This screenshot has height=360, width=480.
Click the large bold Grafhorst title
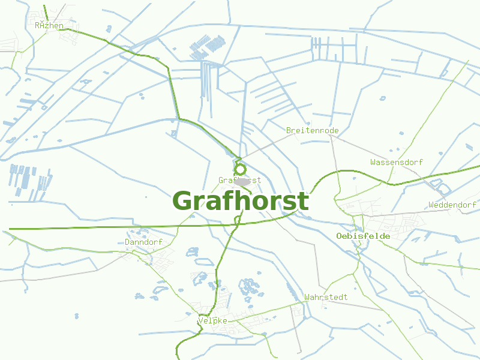(241, 201)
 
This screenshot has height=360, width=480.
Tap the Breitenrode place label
(313, 130)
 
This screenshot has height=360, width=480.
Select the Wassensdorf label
(397, 162)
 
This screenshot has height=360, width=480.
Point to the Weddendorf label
(452, 205)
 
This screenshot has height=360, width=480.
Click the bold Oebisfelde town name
(364, 236)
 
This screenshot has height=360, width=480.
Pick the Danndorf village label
(144, 242)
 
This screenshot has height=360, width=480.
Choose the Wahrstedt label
(326, 297)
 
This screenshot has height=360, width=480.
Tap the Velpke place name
(212, 321)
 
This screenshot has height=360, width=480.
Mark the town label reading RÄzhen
(49, 25)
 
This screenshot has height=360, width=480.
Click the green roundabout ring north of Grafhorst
(239, 169)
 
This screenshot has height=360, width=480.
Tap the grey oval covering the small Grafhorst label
(242, 181)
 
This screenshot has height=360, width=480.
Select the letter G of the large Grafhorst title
(184, 201)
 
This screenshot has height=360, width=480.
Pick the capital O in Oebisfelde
(340, 236)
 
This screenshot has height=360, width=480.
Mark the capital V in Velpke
(200, 321)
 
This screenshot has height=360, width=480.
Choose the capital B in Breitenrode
(289, 130)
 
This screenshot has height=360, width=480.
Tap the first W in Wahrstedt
(307, 297)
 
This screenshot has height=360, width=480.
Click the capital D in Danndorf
(128, 242)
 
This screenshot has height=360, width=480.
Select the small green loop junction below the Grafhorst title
(238, 221)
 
